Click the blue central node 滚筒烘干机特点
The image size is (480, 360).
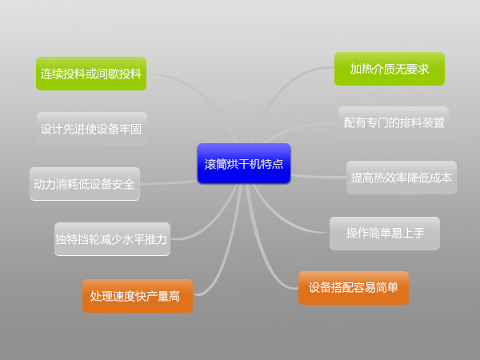click(x=243, y=164)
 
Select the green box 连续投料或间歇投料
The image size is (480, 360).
click(x=91, y=74)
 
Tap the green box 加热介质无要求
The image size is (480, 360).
click(x=390, y=69)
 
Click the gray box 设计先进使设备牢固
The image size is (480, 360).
click(x=91, y=128)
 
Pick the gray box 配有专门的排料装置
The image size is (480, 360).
click(x=394, y=123)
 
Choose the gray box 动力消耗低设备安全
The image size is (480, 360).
click(x=84, y=184)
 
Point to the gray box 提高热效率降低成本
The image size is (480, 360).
click(x=402, y=178)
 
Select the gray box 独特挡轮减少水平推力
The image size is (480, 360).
click(x=112, y=239)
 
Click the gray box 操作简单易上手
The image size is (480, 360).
click(x=385, y=234)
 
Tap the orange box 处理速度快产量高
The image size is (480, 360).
click(x=137, y=296)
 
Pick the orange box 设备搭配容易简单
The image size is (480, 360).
click(x=353, y=288)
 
